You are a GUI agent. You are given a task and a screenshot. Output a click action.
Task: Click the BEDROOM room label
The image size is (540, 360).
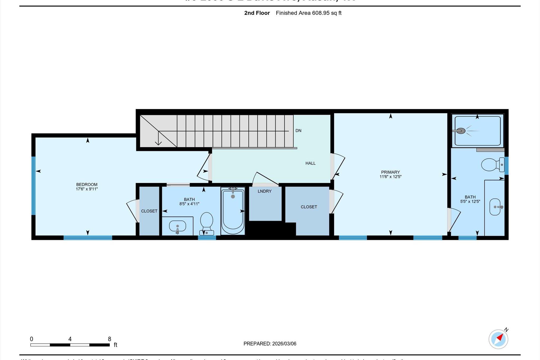pyautogui.click(x=87, y=184)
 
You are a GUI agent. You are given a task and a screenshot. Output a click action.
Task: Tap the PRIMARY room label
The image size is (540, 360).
pyautogui.click(x=390, y=172)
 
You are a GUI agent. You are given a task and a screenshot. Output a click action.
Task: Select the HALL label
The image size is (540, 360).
pyautogui.click(x=310, y=163)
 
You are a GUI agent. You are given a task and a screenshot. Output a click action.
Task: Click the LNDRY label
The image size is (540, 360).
pyautogui.click(x=264, y=191)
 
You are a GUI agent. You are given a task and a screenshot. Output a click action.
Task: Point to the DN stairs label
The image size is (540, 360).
pyautogui.click(x=298, y=131)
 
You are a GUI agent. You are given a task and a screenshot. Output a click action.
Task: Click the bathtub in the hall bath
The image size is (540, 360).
pyautogui.click(x=233, y=211)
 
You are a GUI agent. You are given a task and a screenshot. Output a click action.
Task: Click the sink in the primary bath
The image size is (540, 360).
pyautogui.click(x=495, y=207)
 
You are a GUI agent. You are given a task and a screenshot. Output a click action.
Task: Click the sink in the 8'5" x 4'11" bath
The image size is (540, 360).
pyautogui.click(x=177, y=226)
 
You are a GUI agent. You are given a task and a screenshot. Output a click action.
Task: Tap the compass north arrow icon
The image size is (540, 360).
pyautogui.click(x=499, y=339)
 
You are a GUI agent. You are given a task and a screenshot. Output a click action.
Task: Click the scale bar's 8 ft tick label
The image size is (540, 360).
pyautogui.click(x=109, y=339)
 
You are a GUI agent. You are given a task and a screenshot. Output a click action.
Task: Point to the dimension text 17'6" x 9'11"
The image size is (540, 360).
pyautogui.click(x=87, y=189)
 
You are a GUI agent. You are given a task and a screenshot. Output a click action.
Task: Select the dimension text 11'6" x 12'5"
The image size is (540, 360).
pyautogui.click(x=390, y=177)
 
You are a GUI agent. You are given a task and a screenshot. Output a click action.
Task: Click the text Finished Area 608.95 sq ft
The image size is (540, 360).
pyautogui.click(x=308, y=13)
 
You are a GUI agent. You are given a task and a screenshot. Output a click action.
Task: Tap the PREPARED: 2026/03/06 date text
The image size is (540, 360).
pyautogui.click(x=270, y=344)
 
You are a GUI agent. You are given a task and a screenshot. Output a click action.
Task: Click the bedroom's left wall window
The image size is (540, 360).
pyautogui.click(x=33, y=186)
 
